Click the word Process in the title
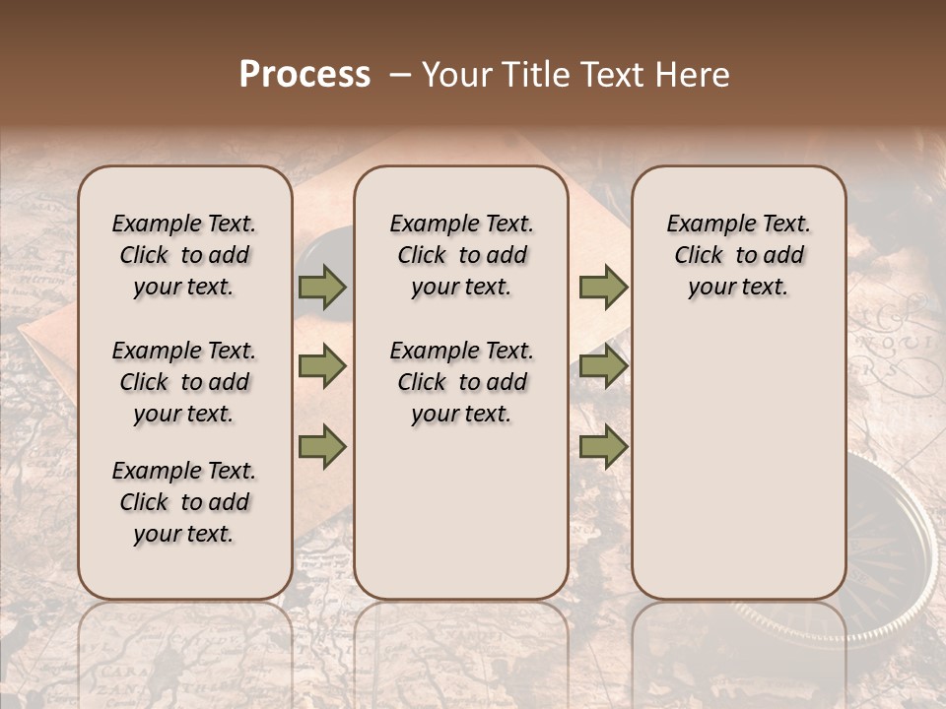[x=304, y=75]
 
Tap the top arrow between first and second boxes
[x=322, y=287]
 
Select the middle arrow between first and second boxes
[x=322, y=366]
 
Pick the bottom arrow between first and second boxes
[x=322, y=447]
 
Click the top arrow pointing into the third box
[x=603, y=287]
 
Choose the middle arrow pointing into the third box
[x=603, y=366]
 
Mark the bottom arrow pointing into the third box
[x=603, y=447]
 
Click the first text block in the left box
[x=184, y=255]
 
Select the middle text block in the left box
[x=184, y=382]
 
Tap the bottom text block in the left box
[x=184, y=502]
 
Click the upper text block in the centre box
[x=461, y=255]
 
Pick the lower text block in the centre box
[x=461, y=382]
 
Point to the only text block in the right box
[x=738, y=255]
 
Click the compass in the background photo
[x=887, y=551]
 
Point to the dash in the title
[x=401, y=75]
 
